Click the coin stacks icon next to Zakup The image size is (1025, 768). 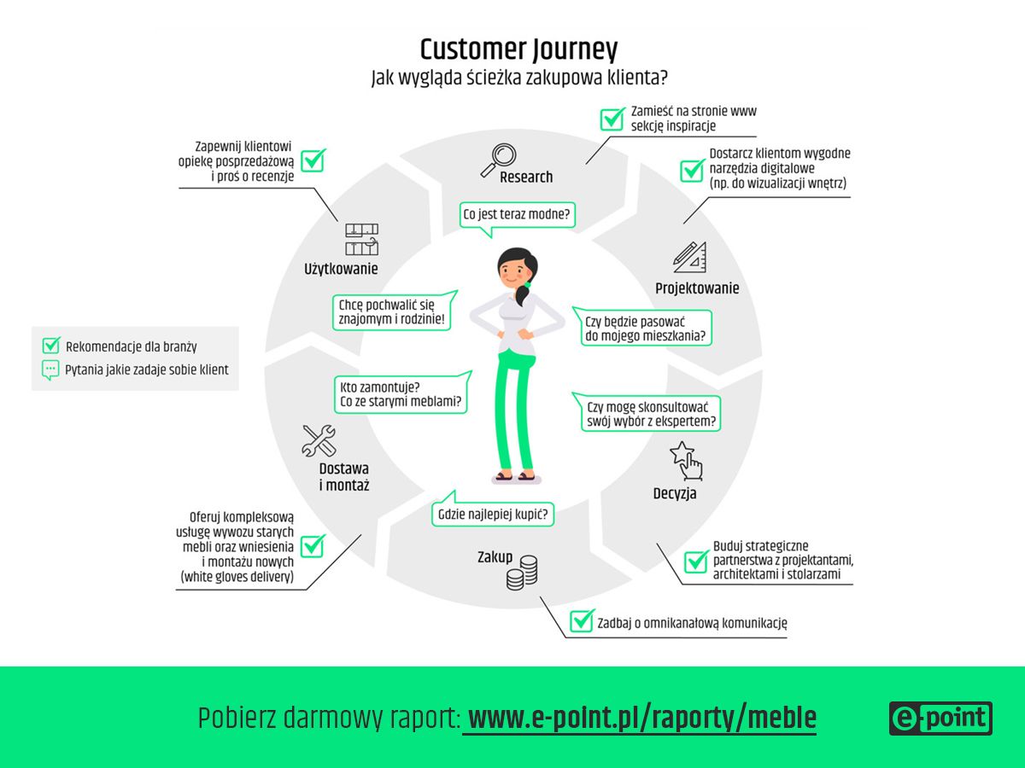tap(522, 572)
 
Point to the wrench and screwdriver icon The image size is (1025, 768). tap(319, 440)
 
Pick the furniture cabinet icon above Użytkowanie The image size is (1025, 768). tap(361, 240)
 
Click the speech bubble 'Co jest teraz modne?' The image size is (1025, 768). tap(517, 214)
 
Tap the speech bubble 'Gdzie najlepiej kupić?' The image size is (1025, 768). tap(493, 514)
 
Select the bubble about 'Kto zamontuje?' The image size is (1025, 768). tap(401, 394)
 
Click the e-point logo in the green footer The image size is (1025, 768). tap(940, 719)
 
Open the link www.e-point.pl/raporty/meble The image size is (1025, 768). tap(641, 719)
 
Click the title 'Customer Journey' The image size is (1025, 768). tap(518, 49)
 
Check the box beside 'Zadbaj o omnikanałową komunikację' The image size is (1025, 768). tap(583, 620)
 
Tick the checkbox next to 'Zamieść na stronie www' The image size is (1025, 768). tap(612, 118)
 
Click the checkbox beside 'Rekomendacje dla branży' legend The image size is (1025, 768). tap(51, 346)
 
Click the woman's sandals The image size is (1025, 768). tap(514, 476)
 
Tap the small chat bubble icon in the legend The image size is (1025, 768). tap(50, 370)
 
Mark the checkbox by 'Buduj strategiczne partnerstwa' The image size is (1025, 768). tap(696, 560)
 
